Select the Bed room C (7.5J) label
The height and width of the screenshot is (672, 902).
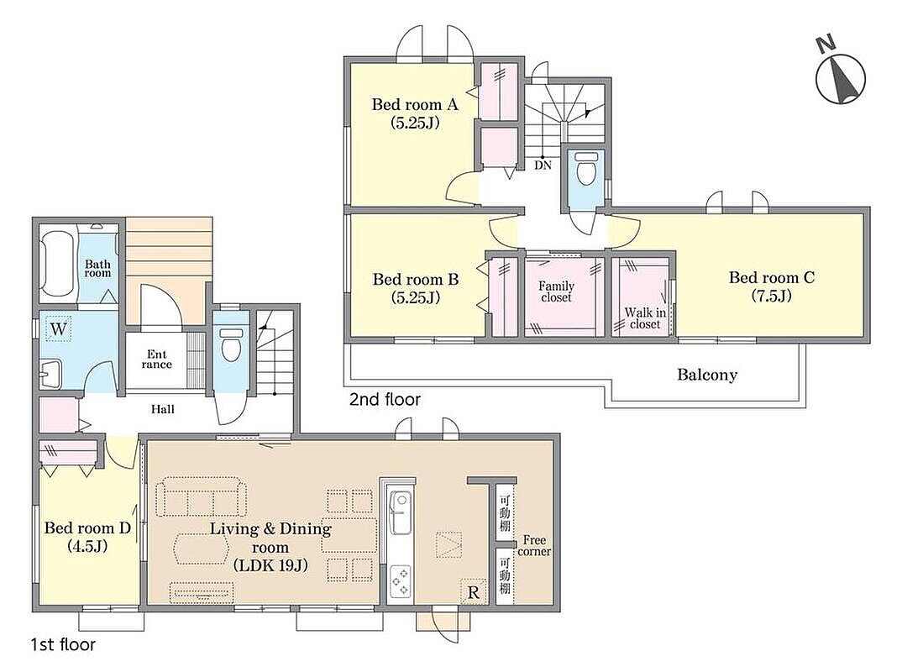772,286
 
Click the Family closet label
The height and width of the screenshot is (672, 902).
556,291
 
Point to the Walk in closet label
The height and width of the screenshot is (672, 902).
645,318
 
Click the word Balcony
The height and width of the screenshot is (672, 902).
707,375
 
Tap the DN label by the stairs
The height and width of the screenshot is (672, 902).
543,165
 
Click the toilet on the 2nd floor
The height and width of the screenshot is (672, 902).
585,167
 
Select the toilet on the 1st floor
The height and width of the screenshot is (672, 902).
231,344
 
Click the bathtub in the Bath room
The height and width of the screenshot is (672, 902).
57,264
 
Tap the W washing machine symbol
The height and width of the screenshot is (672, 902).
58,329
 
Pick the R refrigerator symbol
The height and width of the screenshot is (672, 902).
474,592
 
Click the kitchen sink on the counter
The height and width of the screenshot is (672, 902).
399,505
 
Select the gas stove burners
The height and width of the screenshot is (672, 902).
401,581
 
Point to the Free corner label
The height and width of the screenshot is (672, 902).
534,546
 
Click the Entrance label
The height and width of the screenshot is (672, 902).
156,359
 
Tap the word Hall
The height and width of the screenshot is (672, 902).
163,410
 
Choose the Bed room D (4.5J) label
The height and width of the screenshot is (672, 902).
87,537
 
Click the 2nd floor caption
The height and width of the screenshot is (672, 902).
385,399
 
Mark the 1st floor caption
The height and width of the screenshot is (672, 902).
63,645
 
